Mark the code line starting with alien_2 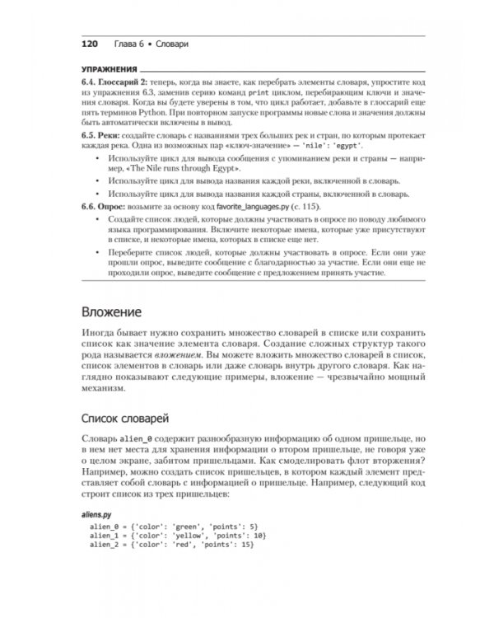[174, 545]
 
